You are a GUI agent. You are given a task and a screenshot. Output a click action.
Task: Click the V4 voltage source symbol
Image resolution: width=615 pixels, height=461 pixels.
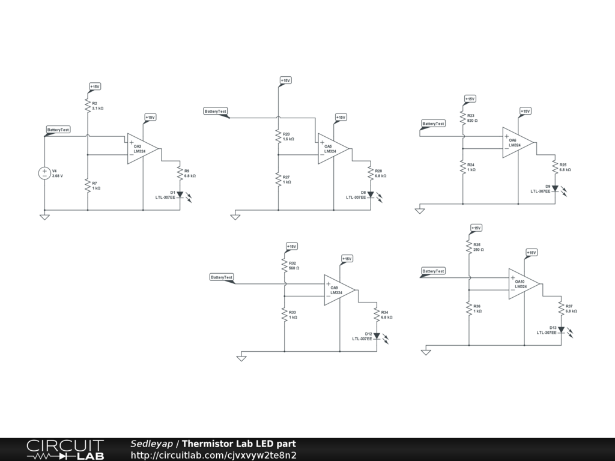pyautogui.click(x=44, y=173)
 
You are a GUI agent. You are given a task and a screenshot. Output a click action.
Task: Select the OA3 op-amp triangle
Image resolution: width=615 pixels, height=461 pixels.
pyautogui.click(x=141, y=148)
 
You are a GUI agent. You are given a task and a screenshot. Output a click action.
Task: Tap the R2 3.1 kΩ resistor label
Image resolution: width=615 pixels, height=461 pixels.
pyautogui.click(x=98, y=106)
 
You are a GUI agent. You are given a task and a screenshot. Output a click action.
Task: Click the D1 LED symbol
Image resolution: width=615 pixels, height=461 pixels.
pyautogui.click(x=180, y=194)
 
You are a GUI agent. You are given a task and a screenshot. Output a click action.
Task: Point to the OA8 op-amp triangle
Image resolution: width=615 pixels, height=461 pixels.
pyautogui.click(x=332, y=148)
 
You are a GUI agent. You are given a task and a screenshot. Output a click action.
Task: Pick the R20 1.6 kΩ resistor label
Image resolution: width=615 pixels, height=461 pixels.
pyautogui.click(x=288, y=136)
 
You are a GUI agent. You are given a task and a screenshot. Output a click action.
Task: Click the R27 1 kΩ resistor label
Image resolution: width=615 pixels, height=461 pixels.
pyautogui.click(x=287, y=179)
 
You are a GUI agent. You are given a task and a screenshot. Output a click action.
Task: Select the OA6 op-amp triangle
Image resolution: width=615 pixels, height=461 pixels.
pyautogui.click(x=516, y=142)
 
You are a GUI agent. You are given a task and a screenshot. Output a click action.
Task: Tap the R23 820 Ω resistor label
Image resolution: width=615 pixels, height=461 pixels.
pyautogui.click(x=471, y=118)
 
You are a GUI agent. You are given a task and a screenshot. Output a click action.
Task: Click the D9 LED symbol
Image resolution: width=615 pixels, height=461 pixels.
pyautogui.click(x=555, y=188)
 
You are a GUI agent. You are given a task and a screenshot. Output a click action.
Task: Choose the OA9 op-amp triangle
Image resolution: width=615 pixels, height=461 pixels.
pyautogui.click(x=338, y=290)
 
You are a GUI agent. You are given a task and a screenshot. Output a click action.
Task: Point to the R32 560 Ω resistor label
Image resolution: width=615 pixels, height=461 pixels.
pyautogui.click(x=293, y=265)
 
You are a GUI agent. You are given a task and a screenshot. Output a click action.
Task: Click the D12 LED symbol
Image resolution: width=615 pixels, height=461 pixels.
pyautogui.click(x=377, y=336)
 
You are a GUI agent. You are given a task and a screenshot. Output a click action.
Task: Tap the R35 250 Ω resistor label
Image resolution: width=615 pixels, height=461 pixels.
pyautogui.click(x=478, y=247)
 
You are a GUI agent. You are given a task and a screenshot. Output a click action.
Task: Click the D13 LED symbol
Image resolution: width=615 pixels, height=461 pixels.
pyautogui.click(x=561, y=330)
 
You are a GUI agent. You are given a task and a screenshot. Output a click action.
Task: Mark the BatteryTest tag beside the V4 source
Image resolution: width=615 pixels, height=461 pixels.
pyautogui.click(x=58, y=130)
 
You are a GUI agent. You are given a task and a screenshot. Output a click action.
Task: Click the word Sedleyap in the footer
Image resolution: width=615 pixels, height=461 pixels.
pyautogui.click(x=152, y=444)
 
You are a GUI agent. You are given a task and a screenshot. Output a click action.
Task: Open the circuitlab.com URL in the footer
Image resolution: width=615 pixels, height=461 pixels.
pyautogui.click(x=213, y=455)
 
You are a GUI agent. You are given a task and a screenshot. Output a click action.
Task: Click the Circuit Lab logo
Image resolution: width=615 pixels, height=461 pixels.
pyautogui.click(x=65, y=450)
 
